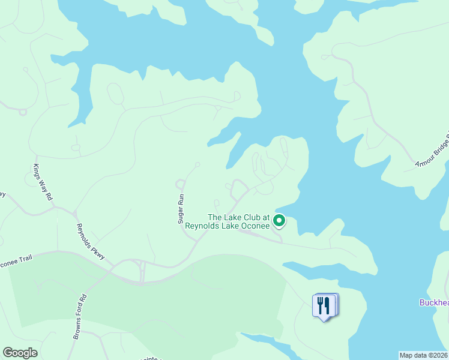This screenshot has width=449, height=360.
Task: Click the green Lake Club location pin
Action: coord(279,221)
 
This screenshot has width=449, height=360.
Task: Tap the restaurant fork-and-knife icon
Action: coord(324,305)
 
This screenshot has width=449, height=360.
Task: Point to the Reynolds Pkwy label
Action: coord(91,242)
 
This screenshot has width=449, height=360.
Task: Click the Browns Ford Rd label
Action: coord(80,317)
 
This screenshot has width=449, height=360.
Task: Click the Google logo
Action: coord(20,353)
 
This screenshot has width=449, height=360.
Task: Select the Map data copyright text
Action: coord(423,355)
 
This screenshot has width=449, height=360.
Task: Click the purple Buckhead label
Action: coord(433,303)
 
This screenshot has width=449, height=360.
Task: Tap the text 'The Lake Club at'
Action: coord(238,218)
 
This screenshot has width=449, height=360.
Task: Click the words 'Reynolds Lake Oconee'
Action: coord(227,226)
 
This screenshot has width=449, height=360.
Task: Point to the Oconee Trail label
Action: coord(15,262)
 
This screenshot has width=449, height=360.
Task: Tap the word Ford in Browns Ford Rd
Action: coord(81,315)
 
